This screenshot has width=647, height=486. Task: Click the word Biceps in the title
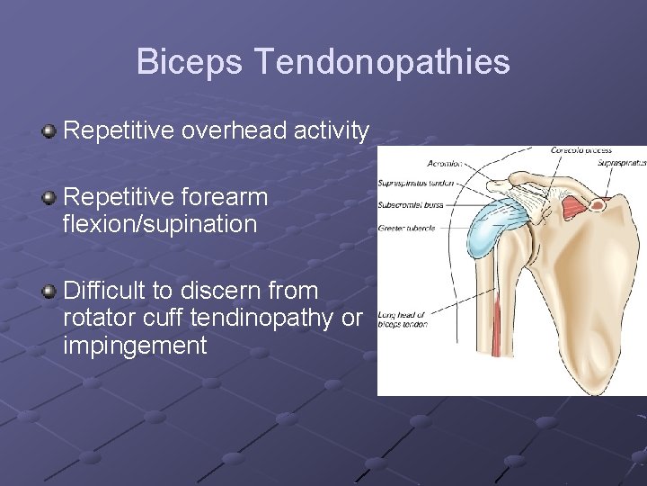tap(190, 63)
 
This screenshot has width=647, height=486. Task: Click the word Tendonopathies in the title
tap(382, 63)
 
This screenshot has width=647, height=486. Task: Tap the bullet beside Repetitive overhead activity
tap(49, 132)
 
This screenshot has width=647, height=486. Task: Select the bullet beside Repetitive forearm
tap(49, 197)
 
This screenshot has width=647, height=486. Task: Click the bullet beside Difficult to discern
tap(49, 292)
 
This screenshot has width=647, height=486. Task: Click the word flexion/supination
tap(160, 224)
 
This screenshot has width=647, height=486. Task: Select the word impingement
tap(135, 346)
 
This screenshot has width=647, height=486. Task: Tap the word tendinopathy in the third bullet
tap(253, 318)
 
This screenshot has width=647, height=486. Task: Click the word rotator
tap(95, 318)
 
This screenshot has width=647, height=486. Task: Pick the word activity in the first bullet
tap(332, 131)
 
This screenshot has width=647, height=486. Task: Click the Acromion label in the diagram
tap(445, 164)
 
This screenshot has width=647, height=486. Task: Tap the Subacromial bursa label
tap(411, 204)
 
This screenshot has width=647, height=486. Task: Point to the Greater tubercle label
tap(407, 228)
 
